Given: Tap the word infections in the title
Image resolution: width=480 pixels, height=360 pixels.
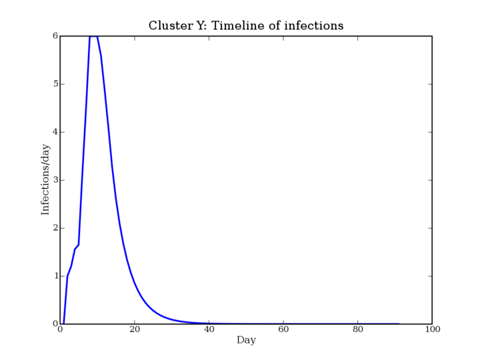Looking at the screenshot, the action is tap(314, 25).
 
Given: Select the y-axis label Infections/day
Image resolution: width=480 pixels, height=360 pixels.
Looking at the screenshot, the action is tap(45, 179).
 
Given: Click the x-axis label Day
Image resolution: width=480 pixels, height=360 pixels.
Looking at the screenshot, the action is tap(246, 340).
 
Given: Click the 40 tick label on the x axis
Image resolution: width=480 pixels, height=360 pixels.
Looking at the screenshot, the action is tap(209, 329).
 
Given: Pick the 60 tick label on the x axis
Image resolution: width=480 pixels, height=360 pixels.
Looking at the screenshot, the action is tap(283, 329).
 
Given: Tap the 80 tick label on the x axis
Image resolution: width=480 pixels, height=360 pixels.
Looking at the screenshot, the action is tap(358, 329).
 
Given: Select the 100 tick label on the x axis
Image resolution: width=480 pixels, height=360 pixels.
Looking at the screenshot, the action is tap(432, 329).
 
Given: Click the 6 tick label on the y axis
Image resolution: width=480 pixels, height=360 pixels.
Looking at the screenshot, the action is tap(55, 36).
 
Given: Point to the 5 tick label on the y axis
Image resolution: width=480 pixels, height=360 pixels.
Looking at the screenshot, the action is tap(55, 84).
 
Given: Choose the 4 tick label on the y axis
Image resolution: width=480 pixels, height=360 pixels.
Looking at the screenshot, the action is tap(55, 132).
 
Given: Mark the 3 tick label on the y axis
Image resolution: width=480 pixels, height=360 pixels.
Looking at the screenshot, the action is tap(55, 180).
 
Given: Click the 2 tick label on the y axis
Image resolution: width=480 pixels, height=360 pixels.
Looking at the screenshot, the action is tap(55, 228).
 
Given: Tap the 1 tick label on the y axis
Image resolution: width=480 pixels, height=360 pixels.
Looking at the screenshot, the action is tap(55, 276).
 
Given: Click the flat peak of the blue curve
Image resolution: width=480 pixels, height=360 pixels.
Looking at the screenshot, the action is tap(94, 37).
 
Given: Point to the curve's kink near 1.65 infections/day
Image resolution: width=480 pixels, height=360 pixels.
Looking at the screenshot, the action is tap(79, 245).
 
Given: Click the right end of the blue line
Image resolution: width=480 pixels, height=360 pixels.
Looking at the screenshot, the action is tap(399, 323).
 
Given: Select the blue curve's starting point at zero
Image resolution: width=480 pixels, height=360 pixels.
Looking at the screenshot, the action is tap(64, 323).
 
